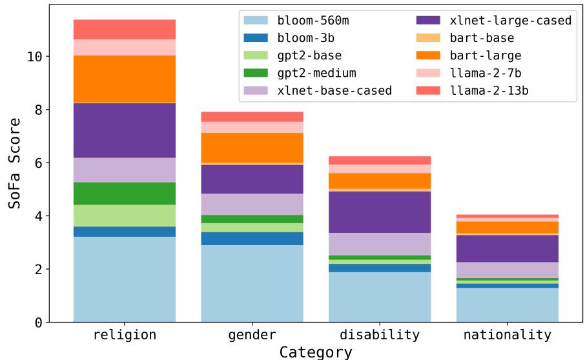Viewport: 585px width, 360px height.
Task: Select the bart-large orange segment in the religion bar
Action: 125,79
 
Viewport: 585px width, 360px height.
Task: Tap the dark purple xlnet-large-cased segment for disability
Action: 380,212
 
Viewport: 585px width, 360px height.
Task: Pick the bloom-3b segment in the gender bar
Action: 252,238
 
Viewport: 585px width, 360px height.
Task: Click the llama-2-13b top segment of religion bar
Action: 125,29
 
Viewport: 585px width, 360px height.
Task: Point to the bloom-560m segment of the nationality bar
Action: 507,305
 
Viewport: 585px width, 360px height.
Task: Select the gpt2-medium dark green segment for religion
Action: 125,194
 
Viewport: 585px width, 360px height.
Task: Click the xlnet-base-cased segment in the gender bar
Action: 252,204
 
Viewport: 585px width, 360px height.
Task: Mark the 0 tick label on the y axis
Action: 38,322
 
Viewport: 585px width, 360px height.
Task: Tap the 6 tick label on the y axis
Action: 38,163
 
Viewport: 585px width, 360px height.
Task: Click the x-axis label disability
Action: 380,335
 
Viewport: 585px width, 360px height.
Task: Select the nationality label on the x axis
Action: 507,335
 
